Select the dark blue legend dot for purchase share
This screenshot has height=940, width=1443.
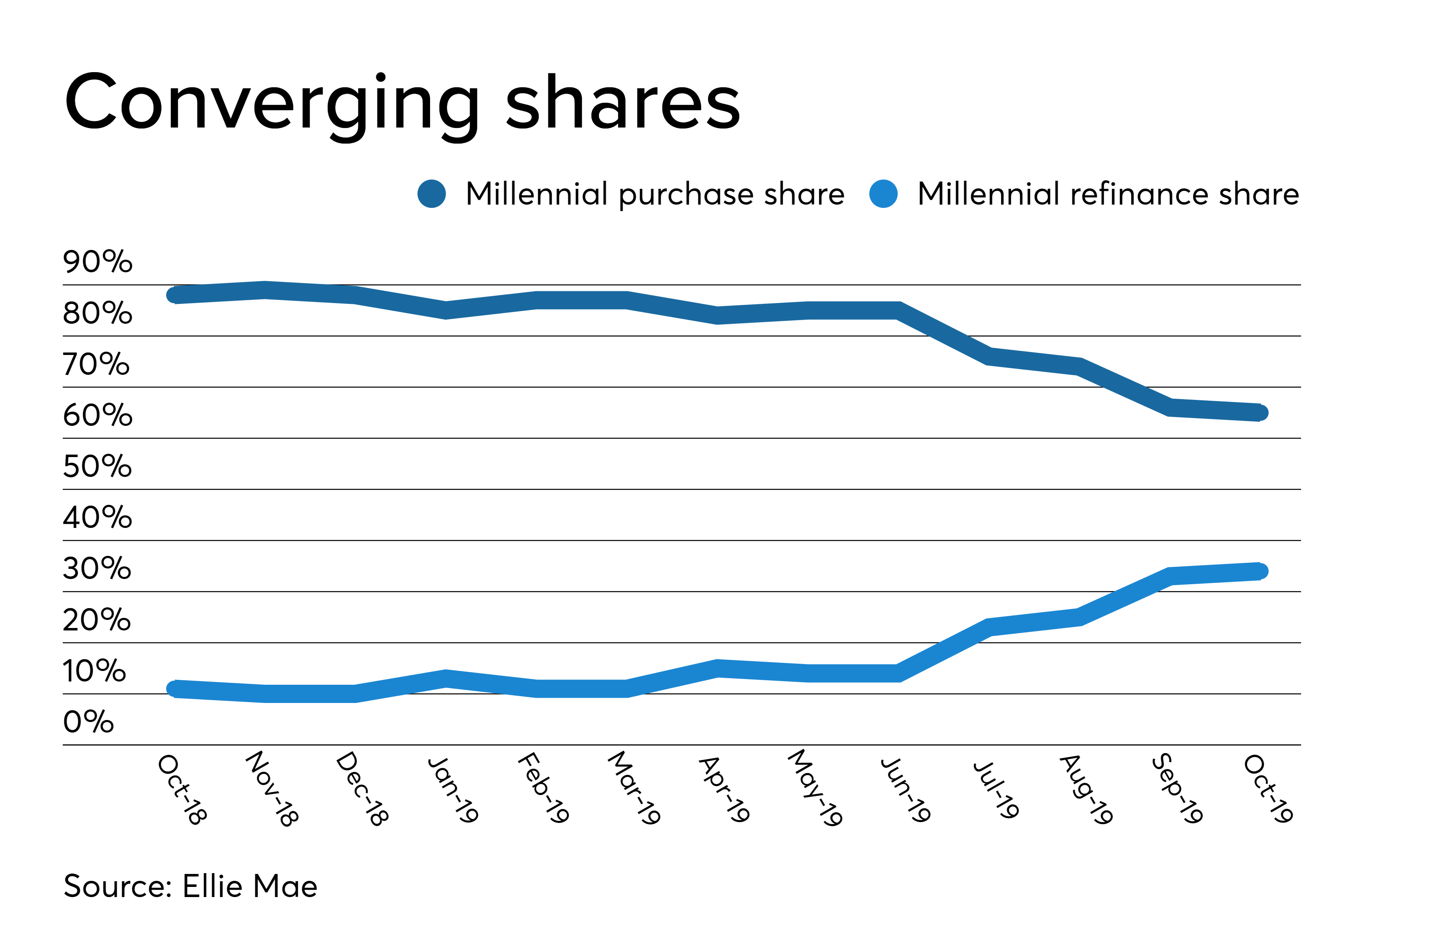tap(432, 194)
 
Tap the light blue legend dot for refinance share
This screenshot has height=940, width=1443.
tap(883, 194)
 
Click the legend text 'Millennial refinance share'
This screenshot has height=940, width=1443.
tap(1108, 194)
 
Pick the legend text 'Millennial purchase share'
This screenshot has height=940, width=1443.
tap(655, 194)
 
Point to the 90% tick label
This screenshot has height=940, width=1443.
tap(97, 262)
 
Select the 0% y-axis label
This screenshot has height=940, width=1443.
tap(88, 722)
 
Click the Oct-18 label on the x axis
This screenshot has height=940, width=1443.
tap(182, 789)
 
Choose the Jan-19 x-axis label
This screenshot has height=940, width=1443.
tap(453, 789)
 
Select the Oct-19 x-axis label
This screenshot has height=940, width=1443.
tap(1268, 789)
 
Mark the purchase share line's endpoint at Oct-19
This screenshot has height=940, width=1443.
tap(1260, 413)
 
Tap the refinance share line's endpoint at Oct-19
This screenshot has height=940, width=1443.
tap(1260, 571)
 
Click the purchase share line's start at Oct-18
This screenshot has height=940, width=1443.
tap(175, 295)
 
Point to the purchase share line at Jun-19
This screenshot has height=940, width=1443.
tap(898, 310)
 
